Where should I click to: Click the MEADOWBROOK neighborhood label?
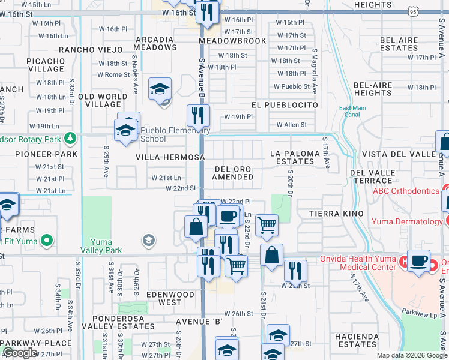[x=232, y=41]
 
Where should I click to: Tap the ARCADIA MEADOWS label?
[x=155, y=44]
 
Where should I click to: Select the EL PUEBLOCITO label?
[x=285, y=104]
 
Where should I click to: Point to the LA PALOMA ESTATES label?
[x=295, y=158]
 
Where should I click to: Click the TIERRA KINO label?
[x=328, y=214]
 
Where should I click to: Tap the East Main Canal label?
[x=352, y=112]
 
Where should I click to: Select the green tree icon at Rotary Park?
[x=71, y=138]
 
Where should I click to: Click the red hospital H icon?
[x=405, y=262]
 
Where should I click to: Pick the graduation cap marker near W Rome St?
[x=160, y=89]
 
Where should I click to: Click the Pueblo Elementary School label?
[x=175, y=134]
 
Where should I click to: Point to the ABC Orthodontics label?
[x=406, y=191]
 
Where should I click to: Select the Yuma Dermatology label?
[x=406, y=221]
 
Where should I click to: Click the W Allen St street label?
[x=291, y=125]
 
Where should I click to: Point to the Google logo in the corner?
[x=20, y=353]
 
